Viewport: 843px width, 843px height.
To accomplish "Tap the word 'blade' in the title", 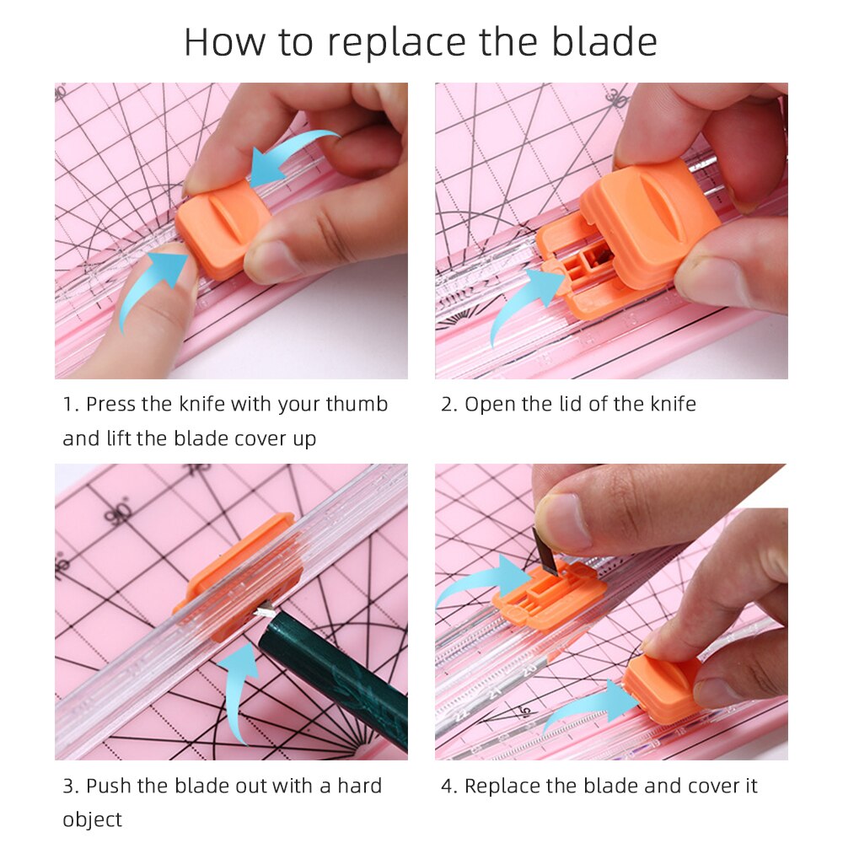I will click(605, 42).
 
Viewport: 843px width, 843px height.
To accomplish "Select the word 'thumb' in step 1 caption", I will click(357, 404).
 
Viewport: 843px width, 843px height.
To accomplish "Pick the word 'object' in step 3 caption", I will click(92, 819).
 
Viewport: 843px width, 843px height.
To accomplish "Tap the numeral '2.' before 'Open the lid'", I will click(449, 404).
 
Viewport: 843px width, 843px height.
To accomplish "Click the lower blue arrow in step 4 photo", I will click(590, 702).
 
